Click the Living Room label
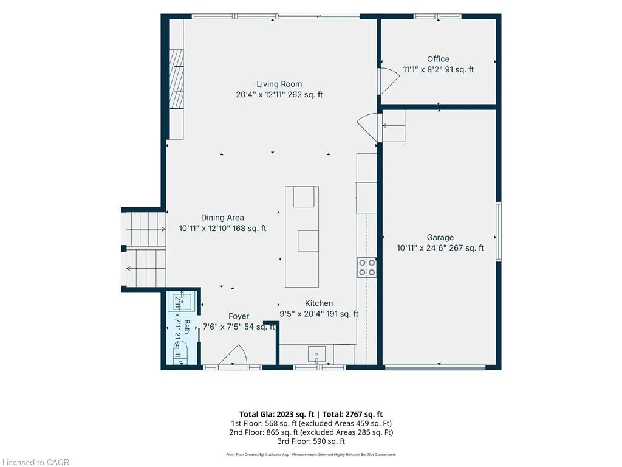[x=279, y=84]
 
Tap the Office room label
[x=438, y=59]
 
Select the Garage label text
[x=440, y=237]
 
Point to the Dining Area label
[x=222, y=217]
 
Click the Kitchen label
[x=318, y=303]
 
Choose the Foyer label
[x=238, y=316]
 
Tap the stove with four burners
[x=366, y=268]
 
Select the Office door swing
[x=389, y=81]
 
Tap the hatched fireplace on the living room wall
[x=177, y=79]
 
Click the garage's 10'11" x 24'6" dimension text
[x=440, y=248]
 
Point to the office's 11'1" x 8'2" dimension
[x=438, y=69]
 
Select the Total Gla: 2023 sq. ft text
[x=276, y=414]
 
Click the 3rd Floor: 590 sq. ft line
[x=311, y=441]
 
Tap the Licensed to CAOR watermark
[x=36, y=462]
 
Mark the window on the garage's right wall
[x=499, y=232]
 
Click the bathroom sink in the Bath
[x=182, y=302]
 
